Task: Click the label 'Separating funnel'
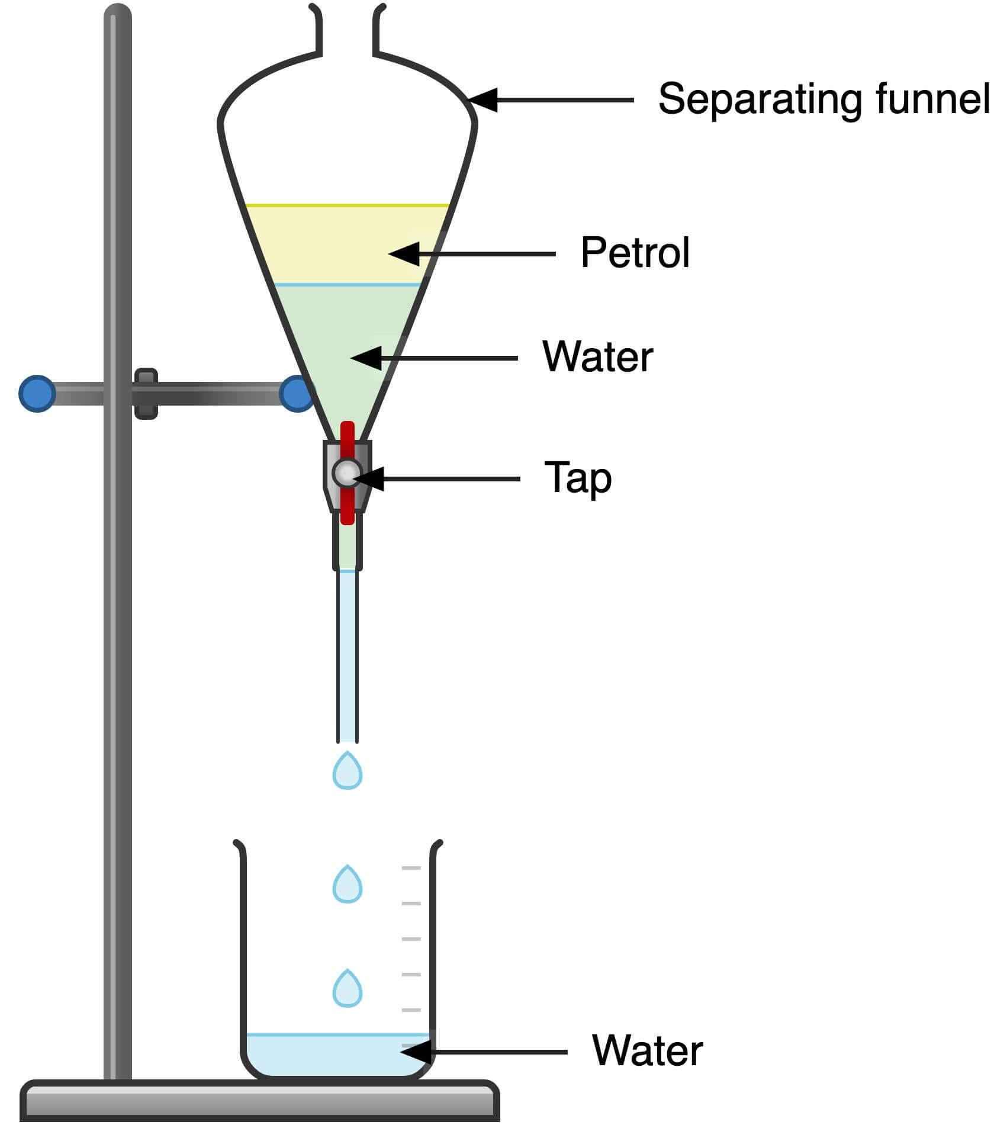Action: pos(823,99)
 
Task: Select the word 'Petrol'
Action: pos(635,253)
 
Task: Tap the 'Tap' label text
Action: pos(577,478)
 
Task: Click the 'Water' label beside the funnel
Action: pos(597,357)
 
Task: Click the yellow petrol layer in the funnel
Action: pos(332,244)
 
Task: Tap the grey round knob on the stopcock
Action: pos(346,472)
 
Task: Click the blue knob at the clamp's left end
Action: pos(37,393)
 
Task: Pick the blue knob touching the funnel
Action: pos(296,393)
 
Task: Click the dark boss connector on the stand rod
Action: pos(146,394)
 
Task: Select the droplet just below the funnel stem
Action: pos(348,772)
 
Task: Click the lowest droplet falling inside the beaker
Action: pos(348,989)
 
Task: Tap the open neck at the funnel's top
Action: pos(348,30)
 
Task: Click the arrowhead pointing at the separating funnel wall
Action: pos(482,100)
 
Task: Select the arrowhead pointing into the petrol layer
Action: pos(404,254)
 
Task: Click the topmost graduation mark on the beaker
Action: pos(411,868)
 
